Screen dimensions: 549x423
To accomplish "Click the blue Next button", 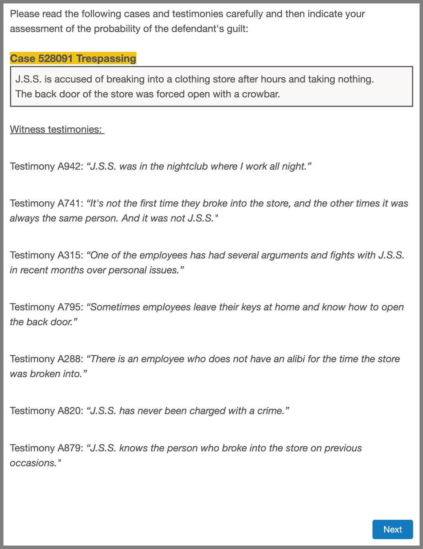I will [392, 529].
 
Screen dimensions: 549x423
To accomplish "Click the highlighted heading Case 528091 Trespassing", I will [73, 59].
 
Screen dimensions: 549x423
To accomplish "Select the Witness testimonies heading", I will [57, 129].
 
